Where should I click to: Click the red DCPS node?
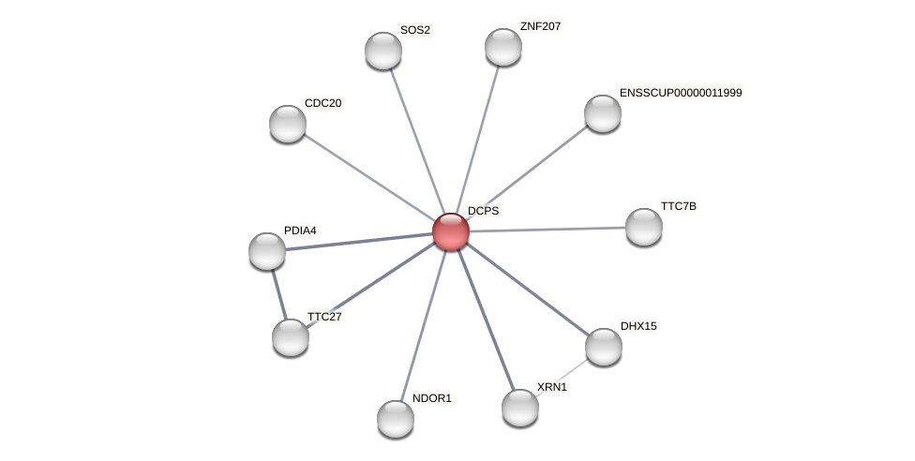tap(451, 231)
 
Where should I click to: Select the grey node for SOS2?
tap(383, 51)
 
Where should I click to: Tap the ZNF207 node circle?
tap(503, 47)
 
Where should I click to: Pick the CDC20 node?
tap(288, 124)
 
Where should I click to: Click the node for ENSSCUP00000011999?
tap(603, 113)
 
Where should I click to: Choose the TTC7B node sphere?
tap(644, 227)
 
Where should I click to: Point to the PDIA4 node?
tap(266, 251)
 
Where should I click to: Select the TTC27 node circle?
tap(291, 337)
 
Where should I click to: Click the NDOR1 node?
tap(396, 419)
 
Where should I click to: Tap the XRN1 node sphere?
tap(520, 408)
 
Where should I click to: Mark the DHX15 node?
tap(604, 347)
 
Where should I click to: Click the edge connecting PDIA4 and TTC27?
tap(279, 295)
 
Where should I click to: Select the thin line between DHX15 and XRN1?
tap(562, 378)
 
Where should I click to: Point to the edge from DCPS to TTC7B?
tap(547, 230)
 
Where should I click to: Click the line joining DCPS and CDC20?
tap(369, 177)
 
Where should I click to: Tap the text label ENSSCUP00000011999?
tap(681, 93)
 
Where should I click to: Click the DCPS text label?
tap(483, 211)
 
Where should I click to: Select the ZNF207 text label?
tap(540, 26)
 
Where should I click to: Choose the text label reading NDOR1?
tap(432, 398)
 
